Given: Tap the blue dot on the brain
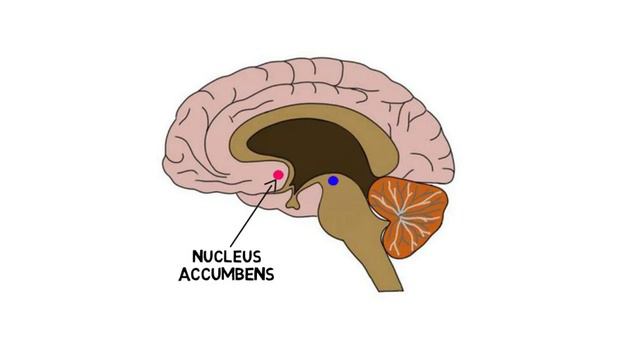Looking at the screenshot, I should click(x=333, y=181).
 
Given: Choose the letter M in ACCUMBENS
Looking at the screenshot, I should click(x=226, y=273).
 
